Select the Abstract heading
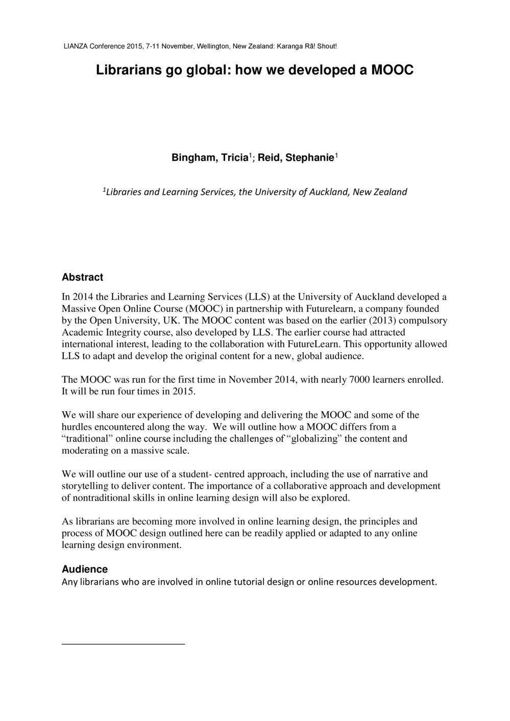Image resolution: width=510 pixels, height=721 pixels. pos(82,278)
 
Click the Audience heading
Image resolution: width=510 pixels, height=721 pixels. pos(85,569)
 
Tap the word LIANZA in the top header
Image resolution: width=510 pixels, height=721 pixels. pos(75,46)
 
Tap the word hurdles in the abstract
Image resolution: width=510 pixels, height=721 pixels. pos(76,427)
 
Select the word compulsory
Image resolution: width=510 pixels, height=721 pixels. pos(421,320)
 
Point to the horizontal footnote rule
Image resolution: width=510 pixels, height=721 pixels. pos(123,644)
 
